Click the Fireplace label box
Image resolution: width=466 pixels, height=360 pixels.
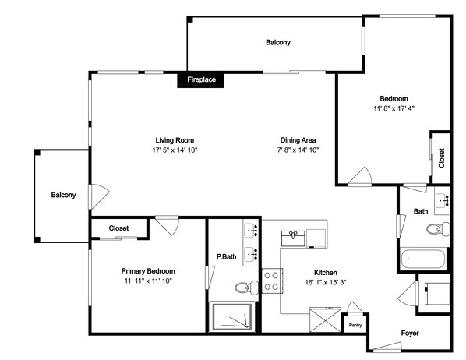(200, 79)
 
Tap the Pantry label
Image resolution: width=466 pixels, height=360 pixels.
(355, 325)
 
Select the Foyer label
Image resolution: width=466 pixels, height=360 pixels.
(410, 334)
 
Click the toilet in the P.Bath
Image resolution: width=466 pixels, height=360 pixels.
(247, 287)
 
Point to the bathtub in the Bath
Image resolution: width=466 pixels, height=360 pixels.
(423, 259)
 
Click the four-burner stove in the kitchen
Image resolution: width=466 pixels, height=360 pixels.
(272, 281)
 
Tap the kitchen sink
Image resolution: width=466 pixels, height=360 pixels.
(293, 238)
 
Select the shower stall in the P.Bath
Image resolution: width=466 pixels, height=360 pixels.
(232, 316)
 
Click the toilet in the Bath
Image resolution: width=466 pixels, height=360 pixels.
(438, 228)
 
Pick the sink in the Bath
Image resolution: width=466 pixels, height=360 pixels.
(443, 200)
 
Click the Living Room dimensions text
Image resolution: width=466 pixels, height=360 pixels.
(175, 150)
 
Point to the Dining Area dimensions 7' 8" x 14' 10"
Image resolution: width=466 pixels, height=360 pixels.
(298, 150)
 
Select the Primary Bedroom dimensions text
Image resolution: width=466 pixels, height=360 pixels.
(148, 281)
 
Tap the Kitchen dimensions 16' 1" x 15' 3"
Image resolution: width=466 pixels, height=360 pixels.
(326, 282)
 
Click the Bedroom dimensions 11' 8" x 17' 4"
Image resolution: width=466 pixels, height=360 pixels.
(394, 108)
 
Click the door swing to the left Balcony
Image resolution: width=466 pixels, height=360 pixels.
(99, 196)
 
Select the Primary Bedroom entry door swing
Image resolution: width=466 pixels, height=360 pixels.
(168, 226)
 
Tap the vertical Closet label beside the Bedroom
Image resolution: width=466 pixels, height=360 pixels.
(441, 158)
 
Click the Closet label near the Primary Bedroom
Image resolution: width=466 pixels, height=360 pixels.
(118, 228)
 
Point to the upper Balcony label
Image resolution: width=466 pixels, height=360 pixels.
(278, 42)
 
